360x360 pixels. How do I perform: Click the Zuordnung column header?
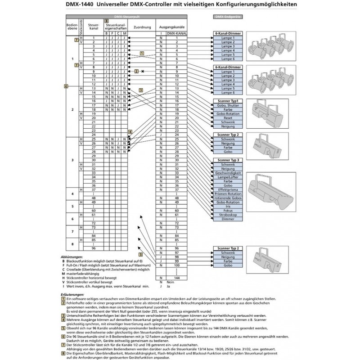tap(142, 27)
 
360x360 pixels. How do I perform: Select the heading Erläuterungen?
tap(70, 294)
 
